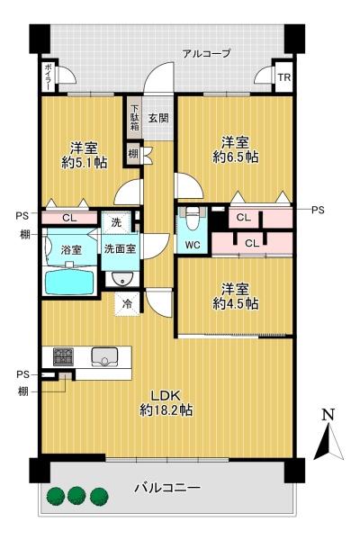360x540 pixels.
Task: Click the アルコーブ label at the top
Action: [x=206, y=54]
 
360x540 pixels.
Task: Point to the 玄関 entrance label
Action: [x=158, y=118]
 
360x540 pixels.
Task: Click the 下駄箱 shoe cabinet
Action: [x=133, y=114]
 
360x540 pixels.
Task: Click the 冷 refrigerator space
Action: [x=127, y=304]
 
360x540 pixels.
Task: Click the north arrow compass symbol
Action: [x=328, y=439]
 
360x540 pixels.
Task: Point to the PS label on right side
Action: [x=317, y=210]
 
